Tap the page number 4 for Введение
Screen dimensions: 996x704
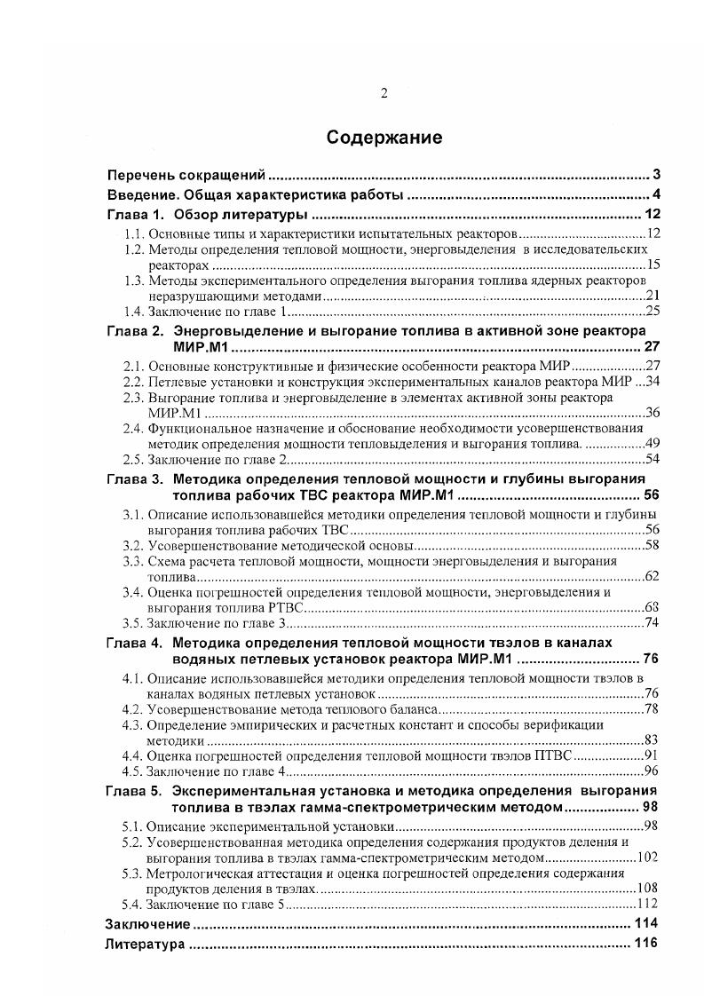coord(656,194)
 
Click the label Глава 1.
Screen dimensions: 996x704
coord(135,215)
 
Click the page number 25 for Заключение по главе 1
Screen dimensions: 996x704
coord(651,312)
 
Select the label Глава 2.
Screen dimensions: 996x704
coord(135,331)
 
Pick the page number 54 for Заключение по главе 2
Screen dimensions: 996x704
coord(651,458)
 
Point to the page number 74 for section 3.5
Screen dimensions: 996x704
coord(651,621)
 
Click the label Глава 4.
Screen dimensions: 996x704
coord(135,642)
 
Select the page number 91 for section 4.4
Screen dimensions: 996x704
coord(651,755)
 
